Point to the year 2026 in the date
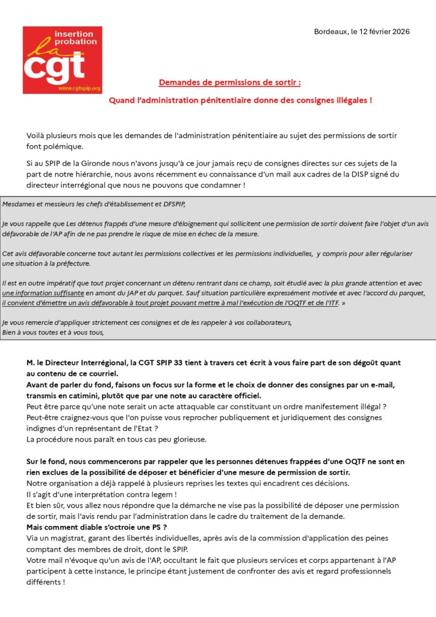399,31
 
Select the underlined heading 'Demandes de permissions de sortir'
229,83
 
